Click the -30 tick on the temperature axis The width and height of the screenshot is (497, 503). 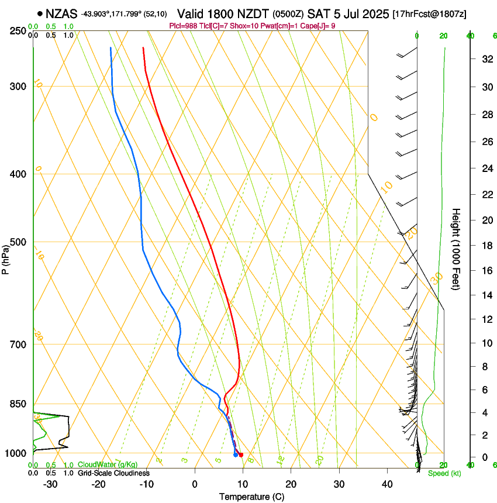50,484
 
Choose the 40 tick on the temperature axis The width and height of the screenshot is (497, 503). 386,484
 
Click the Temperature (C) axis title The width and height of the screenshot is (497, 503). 251,497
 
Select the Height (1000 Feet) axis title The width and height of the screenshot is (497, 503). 457,249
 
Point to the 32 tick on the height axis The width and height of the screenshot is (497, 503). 486,58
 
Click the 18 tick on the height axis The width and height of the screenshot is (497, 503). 486,245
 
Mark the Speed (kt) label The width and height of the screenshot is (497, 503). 444,473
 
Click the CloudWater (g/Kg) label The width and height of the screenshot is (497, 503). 108,464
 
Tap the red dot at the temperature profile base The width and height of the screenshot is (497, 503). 241,455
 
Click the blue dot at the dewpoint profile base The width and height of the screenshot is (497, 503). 236,454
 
